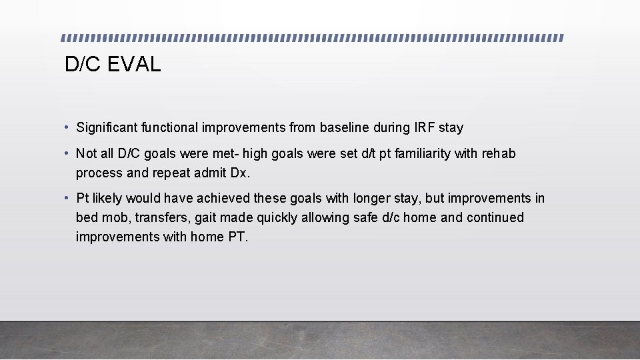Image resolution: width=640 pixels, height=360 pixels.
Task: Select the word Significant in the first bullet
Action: pos(105,127)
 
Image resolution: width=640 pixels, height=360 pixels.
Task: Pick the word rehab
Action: pos(499,153)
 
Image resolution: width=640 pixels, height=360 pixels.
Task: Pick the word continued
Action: pos(495,217)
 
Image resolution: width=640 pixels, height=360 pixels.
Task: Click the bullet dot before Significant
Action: pos(68,127)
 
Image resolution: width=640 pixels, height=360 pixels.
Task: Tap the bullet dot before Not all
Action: pos(68,153)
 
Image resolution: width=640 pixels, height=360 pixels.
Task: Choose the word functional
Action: pos(174,127)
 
